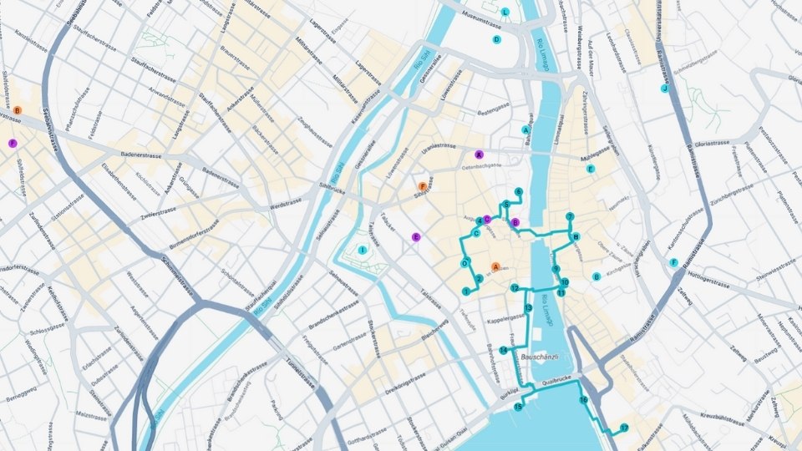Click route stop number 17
click(x=623, y=428)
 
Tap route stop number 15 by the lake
click(x=518, y=408)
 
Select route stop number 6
click(x=519, y=192)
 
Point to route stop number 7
click(x=570, y=217)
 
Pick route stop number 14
click(x=503, y=350)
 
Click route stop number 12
click(x=515, y=288)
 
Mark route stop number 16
click(x=583, y=401)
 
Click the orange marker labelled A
click(x=496, y=267)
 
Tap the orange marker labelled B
click(x=17, y=110)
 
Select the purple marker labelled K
click(x=479, y=155)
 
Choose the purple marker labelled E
click(x=415, y=237)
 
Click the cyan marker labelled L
click(x=505, y=12)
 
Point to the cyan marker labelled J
click(x=665, y=88)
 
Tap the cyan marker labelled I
click(x=362, y=250)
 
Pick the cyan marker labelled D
click(x=496, y=39)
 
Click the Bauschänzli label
click(x=538, y=357)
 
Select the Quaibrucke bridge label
click(x=556, y=383)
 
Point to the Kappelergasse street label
click(x=505, y=320)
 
